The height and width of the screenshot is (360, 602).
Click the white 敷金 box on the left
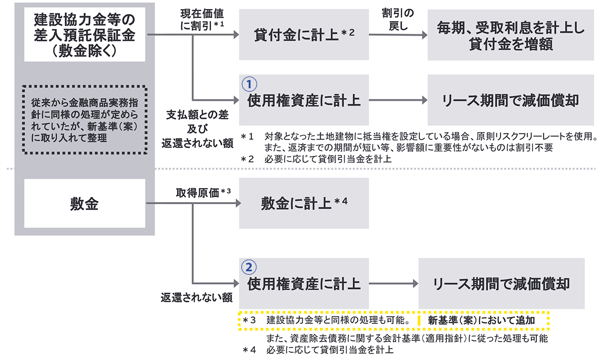(84, 204)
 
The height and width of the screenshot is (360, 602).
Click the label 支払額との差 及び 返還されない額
(198, 129)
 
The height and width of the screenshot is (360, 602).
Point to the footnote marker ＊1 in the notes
(248, 136)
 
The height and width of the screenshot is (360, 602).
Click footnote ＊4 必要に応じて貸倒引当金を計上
(321, 350)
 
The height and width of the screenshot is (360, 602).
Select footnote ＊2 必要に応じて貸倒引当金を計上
(321, 159)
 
